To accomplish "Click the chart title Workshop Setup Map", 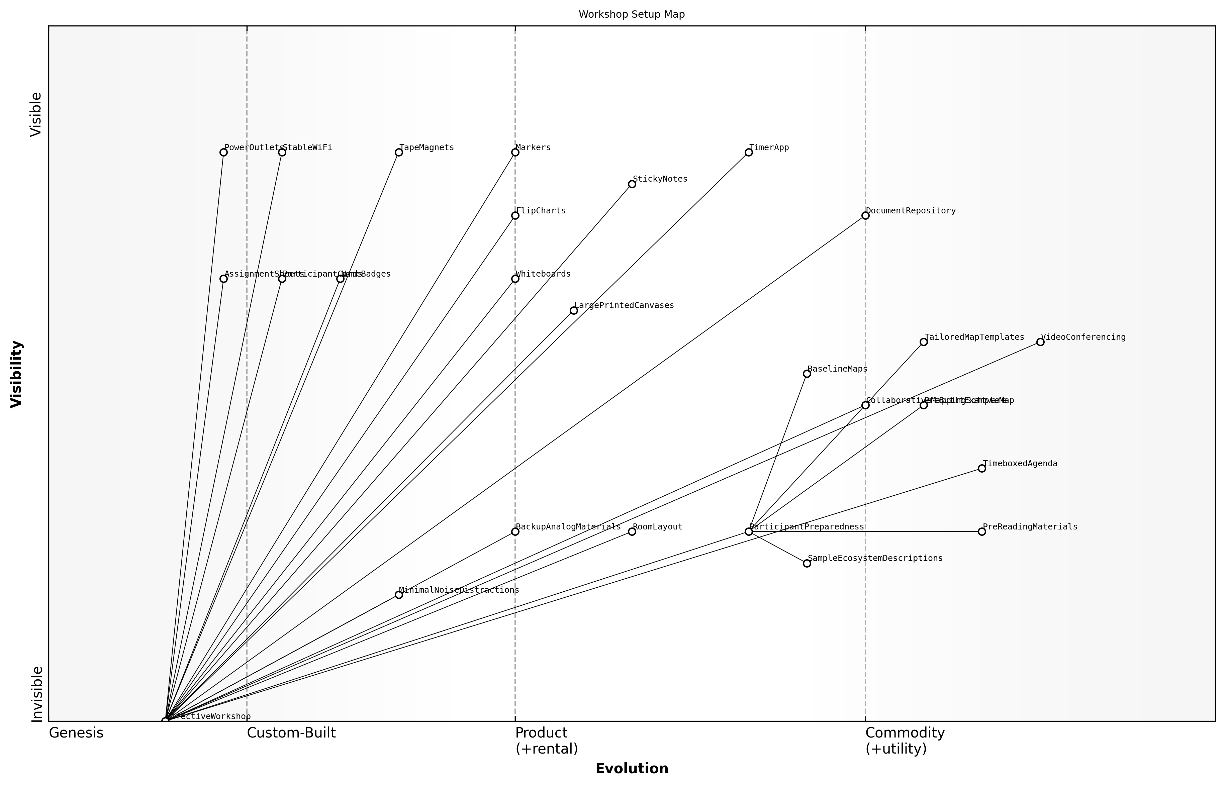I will [631, 15].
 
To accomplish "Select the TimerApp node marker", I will [748, 152].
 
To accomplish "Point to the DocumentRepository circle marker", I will [865, 215].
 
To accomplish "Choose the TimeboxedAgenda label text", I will [1020, 464].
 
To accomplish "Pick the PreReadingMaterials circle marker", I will [981, 532].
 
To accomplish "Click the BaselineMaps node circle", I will [807, 374].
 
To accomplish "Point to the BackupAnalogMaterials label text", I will [568, 527].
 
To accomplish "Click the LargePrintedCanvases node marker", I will [574, 310].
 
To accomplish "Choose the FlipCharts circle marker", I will [515, 215].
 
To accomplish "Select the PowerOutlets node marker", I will [223, 152].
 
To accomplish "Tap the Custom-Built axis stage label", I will [291, 733].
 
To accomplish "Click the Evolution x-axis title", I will [631, 769].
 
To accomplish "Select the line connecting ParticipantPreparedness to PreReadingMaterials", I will [868, 532].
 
